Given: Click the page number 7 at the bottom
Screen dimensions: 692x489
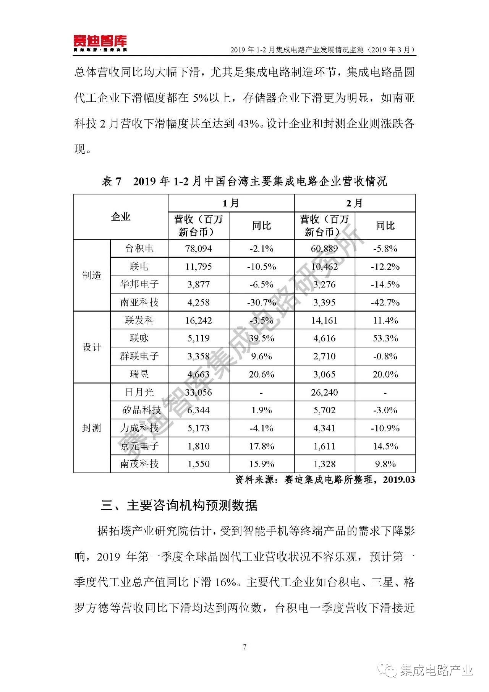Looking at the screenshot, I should [244, 647].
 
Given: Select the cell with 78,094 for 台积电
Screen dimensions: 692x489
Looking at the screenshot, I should [198, 249].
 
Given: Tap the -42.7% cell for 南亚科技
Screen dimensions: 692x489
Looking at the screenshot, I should [385, 302].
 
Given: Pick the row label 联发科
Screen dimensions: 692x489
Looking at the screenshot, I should [139, 320].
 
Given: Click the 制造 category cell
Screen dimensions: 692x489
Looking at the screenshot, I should [92, 275].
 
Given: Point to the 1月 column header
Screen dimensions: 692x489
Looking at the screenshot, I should [231, 203].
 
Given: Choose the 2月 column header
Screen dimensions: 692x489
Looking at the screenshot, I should [355, 203].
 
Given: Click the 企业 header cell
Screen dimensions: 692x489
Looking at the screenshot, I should [120, 217].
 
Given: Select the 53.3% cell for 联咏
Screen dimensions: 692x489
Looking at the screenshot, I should [385, 338].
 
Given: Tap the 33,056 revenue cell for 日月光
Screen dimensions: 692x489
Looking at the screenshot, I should [198, 392].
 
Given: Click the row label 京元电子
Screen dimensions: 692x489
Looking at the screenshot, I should [139, 446].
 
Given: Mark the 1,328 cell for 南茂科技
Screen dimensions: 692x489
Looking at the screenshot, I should [324, 464].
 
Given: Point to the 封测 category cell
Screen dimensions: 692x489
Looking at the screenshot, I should [92, 428].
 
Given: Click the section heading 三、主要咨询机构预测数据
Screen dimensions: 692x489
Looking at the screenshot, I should [179, 505].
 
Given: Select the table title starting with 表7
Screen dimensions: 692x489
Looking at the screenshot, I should [244, 181].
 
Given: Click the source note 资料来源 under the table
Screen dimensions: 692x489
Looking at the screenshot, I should [325, 480].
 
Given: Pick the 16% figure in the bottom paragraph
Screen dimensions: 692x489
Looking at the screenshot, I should [226, 582].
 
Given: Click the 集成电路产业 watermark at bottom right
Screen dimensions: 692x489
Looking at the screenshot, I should [436, 670].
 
